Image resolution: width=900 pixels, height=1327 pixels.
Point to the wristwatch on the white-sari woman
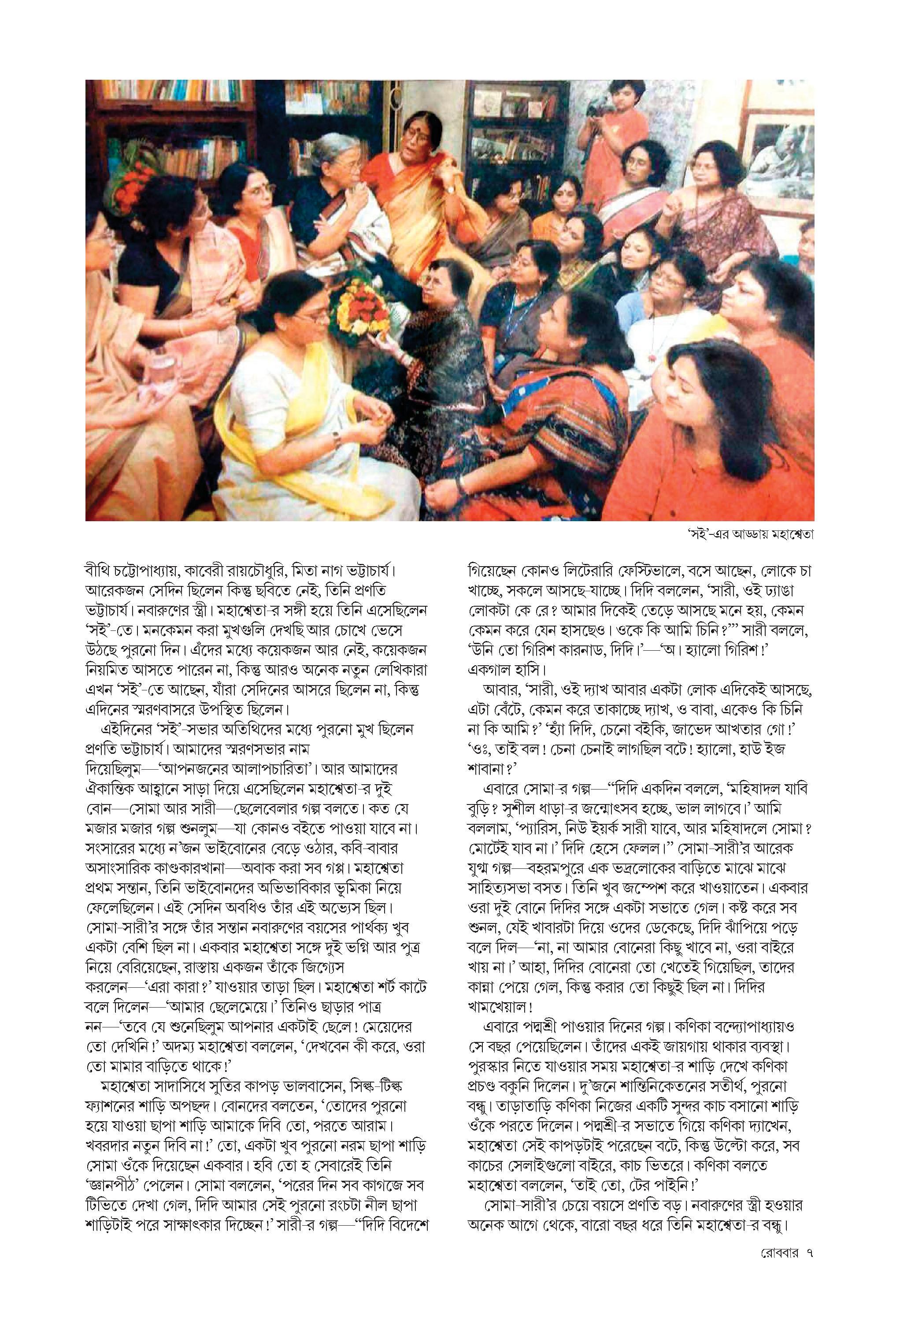337,438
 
